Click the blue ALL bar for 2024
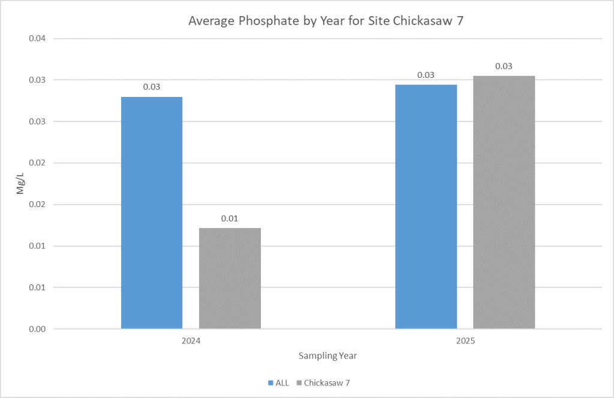point(152,212)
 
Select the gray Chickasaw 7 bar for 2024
point(230,278)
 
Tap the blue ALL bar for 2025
point(426,206)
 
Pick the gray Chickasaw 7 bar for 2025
point(504,202)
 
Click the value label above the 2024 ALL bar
point(152,87)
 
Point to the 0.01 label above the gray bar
point(230,218)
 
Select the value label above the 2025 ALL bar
point(426,75)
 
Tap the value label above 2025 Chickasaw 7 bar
point(504,66)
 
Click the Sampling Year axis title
point(327,356)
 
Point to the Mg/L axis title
point(20,183)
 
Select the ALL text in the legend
point(281,382)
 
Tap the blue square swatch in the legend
point(270,382)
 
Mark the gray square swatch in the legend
point(299,382)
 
